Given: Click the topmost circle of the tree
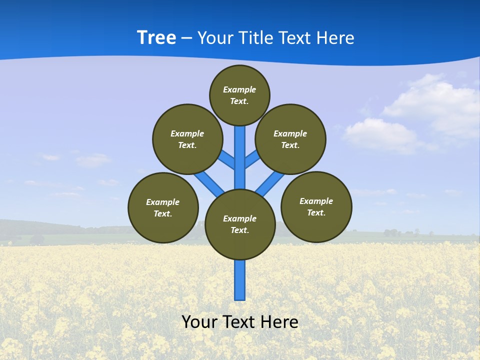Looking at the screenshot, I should click(x=239, y=95).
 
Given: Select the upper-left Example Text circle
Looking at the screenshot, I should click(x=187, y=139).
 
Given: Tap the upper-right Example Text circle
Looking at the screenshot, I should click(x=290, y=139).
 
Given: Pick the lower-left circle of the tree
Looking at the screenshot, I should click(x=163, y=207).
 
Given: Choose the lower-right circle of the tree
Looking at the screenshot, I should click(x=316, y=206).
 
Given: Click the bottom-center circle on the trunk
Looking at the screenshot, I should click(x=240, y=224).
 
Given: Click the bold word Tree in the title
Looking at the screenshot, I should click(x=156, y=37).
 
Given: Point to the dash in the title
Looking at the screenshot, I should click(x=186, y=38).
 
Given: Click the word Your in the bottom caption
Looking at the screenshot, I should click(x=199, y=321).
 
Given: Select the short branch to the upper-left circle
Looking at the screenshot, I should click(x=227, y=160).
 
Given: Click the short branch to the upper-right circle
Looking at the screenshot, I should click(x=252, y=159).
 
